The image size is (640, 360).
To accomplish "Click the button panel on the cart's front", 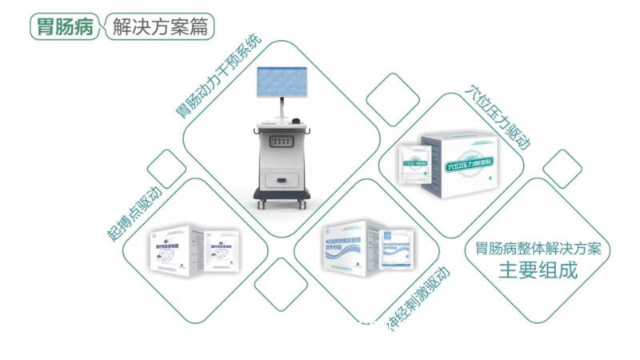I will [x=281, y=141].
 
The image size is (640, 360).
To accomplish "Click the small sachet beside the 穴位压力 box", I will [x=417, y=164].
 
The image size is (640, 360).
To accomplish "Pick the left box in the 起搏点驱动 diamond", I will [x=176, y=247].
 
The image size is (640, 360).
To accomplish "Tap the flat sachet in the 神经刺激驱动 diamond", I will [x=395, y=247].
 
